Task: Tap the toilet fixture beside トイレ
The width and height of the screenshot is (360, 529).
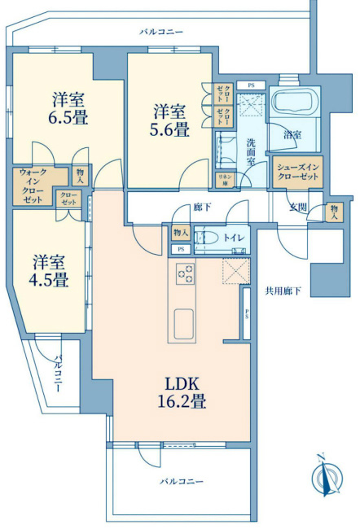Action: (208, 238)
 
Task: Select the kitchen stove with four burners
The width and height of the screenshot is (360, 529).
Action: (185, 276)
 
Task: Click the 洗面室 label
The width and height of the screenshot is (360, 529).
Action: (255, 151)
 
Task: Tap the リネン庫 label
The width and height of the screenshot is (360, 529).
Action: (222, 179)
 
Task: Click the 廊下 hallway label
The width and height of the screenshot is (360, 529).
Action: (202, 208)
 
